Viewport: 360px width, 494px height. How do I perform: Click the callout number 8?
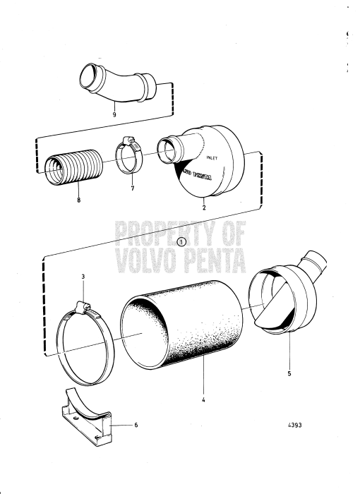(x=79, y=201)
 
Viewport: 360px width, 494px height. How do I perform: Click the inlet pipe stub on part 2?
(x=172, y=150)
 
